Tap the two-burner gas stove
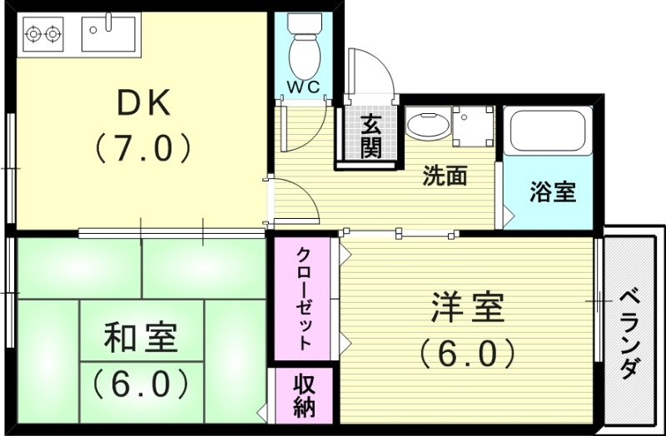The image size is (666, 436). coord(44,34)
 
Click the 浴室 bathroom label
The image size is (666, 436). coord(553,192)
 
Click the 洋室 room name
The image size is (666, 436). coord(467,308)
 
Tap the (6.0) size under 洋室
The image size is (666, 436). coord(467,354)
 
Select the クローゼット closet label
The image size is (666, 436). coord(305,297)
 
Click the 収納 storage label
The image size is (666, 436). coord(304,396)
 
